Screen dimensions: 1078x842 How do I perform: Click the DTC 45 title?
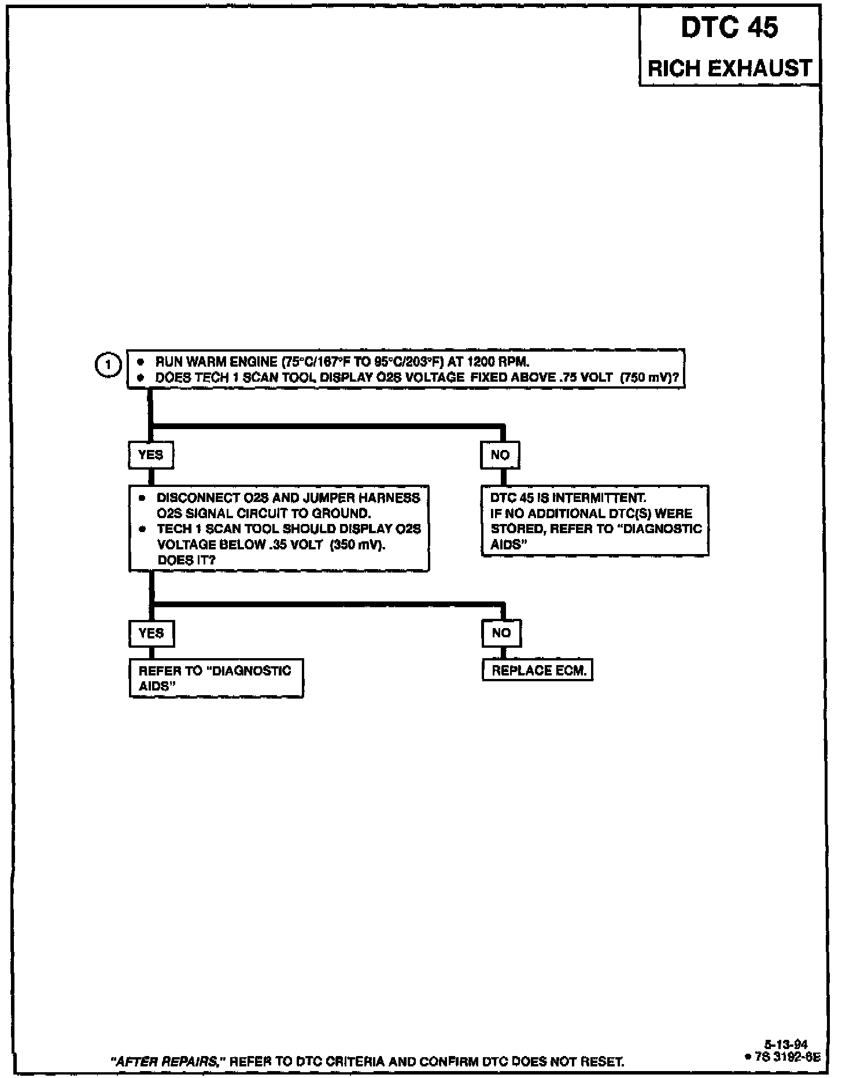[729, 28]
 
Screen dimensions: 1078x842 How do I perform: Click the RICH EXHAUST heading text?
[729, 68]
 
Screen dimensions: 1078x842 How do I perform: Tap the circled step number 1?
[108, 366]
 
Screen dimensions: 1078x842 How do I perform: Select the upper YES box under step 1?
[151, 455]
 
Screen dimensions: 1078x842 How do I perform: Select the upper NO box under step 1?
[500, 455]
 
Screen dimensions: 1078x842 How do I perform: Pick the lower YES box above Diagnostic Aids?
[152, 633]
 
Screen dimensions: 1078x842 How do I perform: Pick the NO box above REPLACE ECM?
[501, 633]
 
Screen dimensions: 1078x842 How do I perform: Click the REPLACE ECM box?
[538, 671]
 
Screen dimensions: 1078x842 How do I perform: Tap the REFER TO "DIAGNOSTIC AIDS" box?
[216, 678]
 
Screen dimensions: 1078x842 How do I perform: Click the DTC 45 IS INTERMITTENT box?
[594, 521]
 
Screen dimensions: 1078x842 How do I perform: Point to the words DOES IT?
[186, 560]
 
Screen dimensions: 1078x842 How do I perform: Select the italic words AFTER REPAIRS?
[168, 1062]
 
